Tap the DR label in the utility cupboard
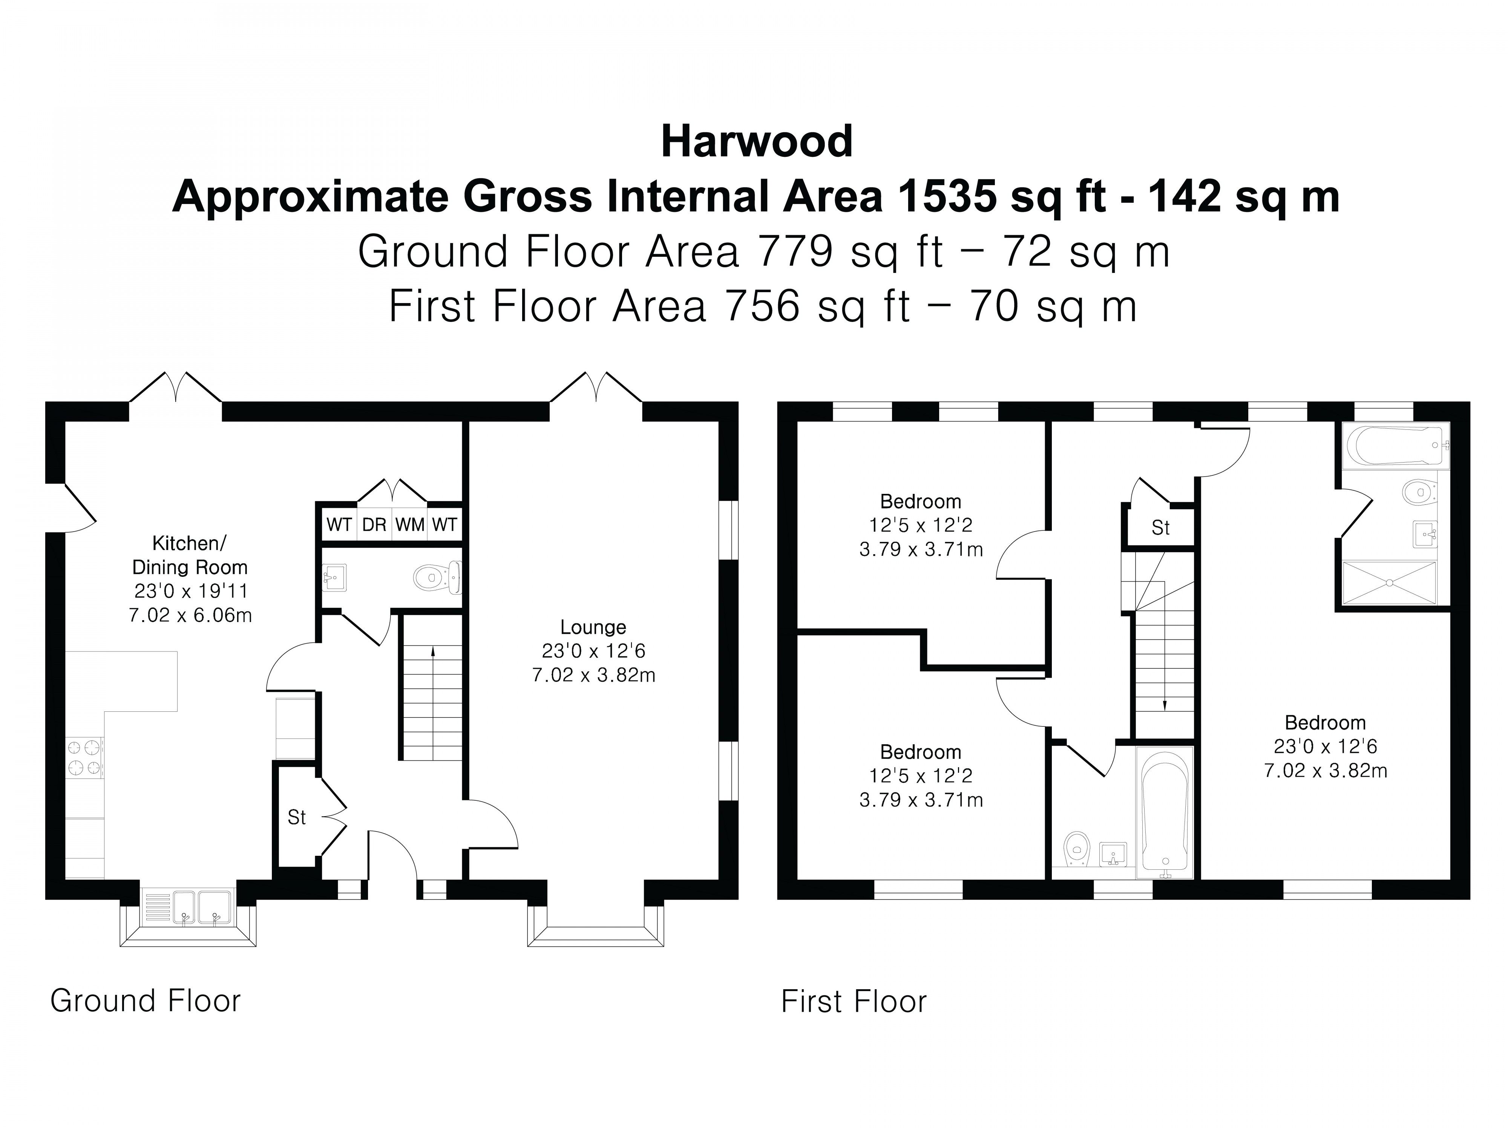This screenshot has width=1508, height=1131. pyautogui.click(x=374, y=524)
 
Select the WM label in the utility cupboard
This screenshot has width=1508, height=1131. pyautogui.click(x=410, y=524)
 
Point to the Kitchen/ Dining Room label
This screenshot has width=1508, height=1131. pyautogui.click(x=190, y=555)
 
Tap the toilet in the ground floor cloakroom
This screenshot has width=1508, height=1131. pyautogui.click(x=436, y=578)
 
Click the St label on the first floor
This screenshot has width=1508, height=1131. pyautogui.click(x=1160, y=527)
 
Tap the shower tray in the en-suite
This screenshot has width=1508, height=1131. pyautogui.click(x=1389, y=582)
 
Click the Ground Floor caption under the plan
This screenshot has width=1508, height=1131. pyautogui.click(x=145, y=1001)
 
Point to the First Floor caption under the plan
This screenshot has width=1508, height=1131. pyautogui.click(x=854, y=1001)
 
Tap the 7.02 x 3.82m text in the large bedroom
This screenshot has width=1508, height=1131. pyautogui.click(x=1325, y=770)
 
